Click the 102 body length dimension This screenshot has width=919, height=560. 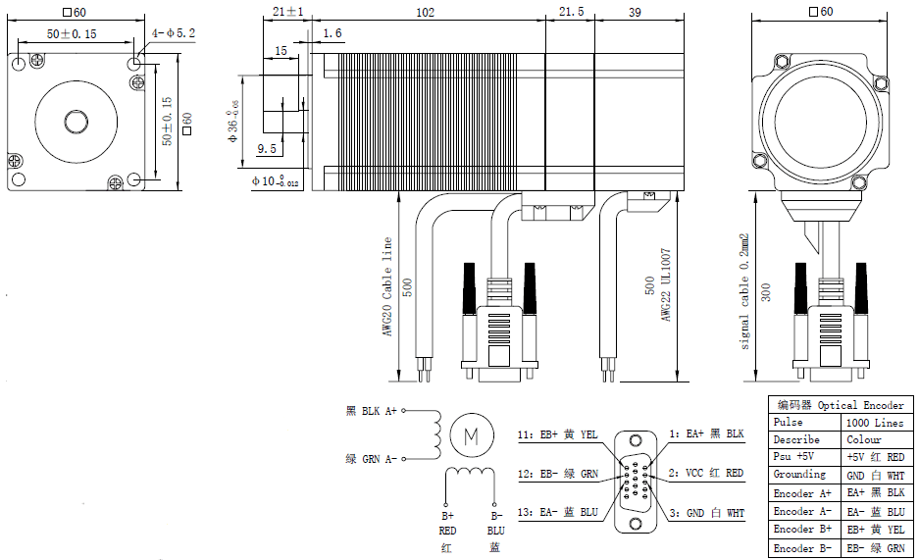point(426,12)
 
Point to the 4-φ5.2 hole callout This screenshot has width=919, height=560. point(174,32)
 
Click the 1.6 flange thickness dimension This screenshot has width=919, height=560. point(332,33)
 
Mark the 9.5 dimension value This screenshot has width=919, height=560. point(267,149)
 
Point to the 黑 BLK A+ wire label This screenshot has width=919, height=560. point(371,412)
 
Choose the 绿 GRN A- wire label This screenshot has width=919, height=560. point(371,458)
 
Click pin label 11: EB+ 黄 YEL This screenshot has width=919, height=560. point(557,433)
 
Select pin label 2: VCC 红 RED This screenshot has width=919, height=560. point(706,473)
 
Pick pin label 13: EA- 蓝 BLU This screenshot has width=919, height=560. point(557,512)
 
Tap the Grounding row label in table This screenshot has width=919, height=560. point(799,475)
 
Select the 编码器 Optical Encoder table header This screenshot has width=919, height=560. point(841,404)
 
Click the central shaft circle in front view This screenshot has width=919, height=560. point(76,121)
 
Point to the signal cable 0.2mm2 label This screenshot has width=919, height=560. point(744,291)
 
